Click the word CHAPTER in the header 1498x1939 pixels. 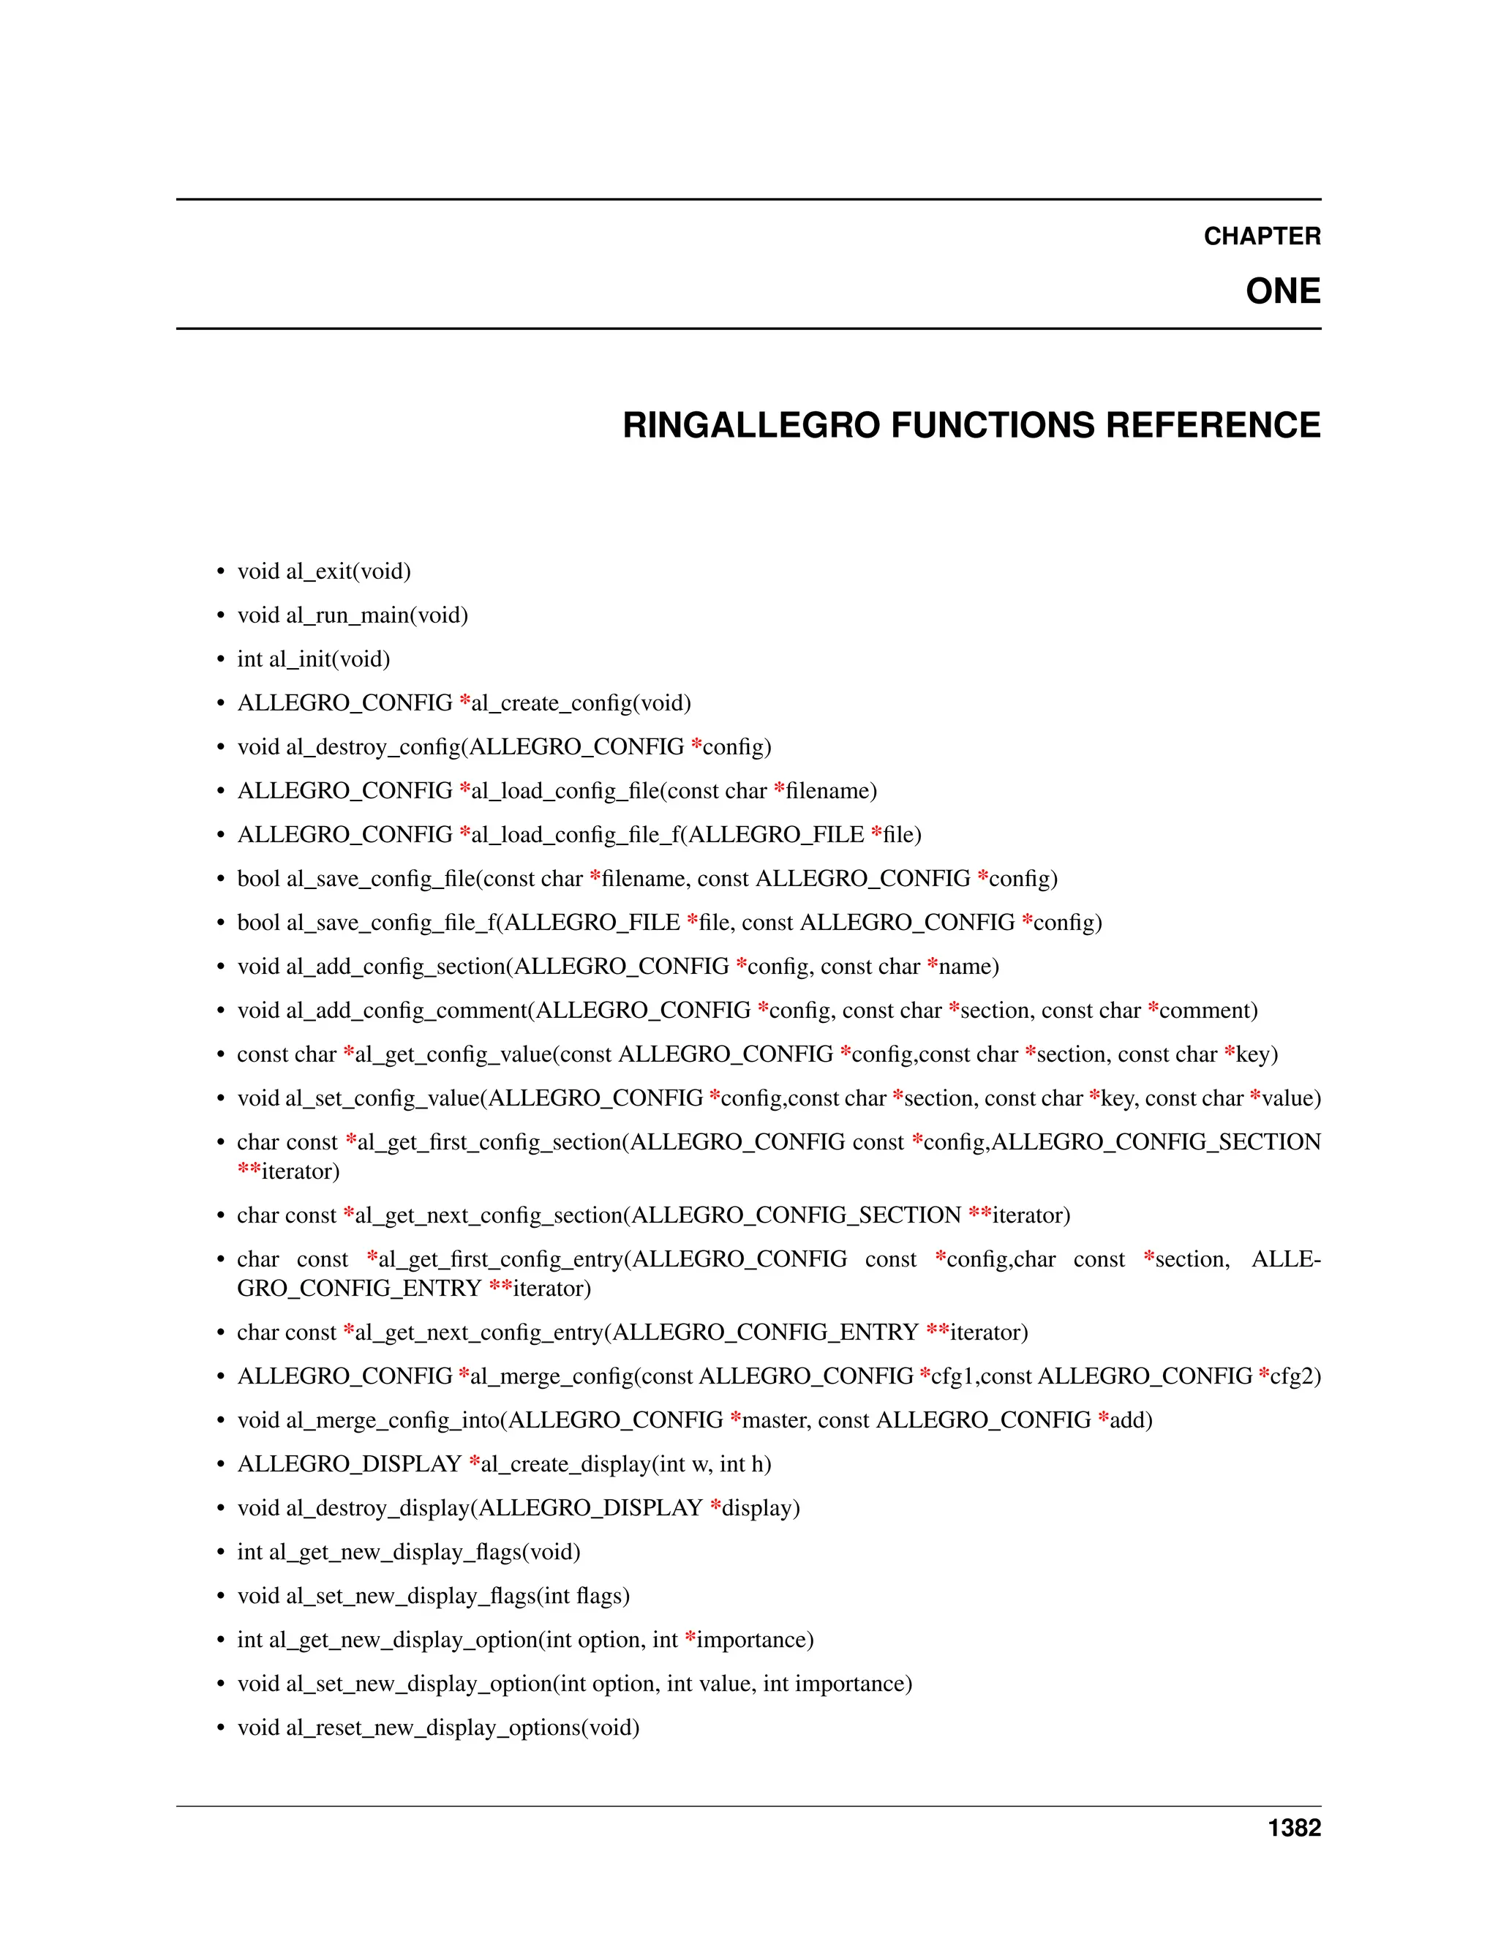click(x=1261, y=236)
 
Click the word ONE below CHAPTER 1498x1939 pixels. click(x=1282, y=291)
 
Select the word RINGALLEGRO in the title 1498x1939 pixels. click(x=752, y=425)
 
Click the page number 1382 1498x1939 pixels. click(x=1294, y=1828)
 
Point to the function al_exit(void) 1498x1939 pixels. click(x=348, y=571)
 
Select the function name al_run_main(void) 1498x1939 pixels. click(x=376, y=615)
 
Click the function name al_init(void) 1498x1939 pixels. click(x=329, y=659)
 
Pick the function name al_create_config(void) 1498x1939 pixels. click(x=580, y=703)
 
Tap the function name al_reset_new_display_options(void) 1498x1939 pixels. click(x=462, y=1728)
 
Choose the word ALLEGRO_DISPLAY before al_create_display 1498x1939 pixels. click(x=349, y=1464)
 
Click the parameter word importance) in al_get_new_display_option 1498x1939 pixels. click(x=754, y=1640)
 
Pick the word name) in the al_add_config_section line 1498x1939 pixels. click(x=968, y=967)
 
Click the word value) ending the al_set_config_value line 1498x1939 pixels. click(x=1291, y=1098)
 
